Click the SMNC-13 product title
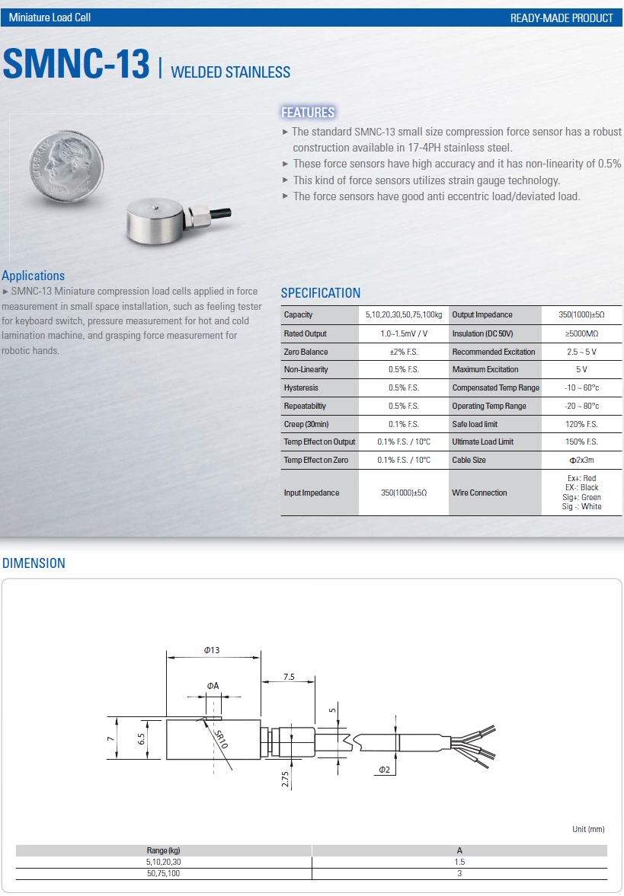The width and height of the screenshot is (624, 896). click(76, 64)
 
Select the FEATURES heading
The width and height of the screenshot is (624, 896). click(308, 113)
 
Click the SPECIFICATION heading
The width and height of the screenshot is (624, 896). click(321, 293)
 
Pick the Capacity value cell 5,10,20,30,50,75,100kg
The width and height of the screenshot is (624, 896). click(404, 315)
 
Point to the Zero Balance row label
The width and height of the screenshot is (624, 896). click(306, 352)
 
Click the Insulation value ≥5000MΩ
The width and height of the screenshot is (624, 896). click(581, 333)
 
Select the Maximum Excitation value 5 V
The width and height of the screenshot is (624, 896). click(581, 370)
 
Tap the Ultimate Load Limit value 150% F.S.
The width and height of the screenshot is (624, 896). click(581, 442)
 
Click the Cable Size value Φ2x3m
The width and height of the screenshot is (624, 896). click(581, 461)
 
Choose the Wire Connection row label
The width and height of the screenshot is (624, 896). click(479, 493)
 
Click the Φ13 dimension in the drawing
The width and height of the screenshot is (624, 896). click(212, 650)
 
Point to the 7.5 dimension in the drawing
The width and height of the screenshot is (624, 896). click(289, 676)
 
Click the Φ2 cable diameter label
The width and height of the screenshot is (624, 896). click(385, 770)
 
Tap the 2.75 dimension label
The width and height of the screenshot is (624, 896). click(285, 778)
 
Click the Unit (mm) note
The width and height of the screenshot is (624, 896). click(588, 829)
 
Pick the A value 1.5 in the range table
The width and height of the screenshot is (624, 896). click(459, 862)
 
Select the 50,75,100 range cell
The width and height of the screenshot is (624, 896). click(164, 873)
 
